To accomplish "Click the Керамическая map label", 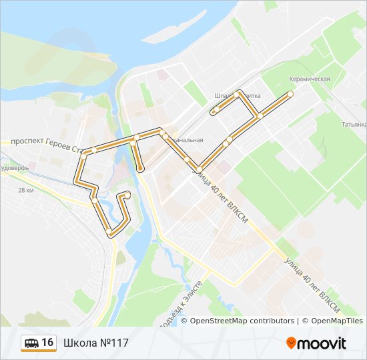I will point(309,79).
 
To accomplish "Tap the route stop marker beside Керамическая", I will point(290,93).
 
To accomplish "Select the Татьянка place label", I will point(354,125).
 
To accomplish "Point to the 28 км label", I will point(26,191).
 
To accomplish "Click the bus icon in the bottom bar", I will point(31,343).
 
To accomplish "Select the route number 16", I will point(47,343).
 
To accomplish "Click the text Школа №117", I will point(96,343).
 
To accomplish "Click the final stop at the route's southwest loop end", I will point(127,194).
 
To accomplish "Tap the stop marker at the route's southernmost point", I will point(109,231).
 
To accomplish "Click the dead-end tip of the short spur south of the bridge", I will point(141,169).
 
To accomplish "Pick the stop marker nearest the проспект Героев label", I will point(94,150).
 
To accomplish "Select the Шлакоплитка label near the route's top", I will point(238,95).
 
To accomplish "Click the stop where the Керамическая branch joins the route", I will point(259,116).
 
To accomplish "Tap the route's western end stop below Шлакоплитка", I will point(216,110).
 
